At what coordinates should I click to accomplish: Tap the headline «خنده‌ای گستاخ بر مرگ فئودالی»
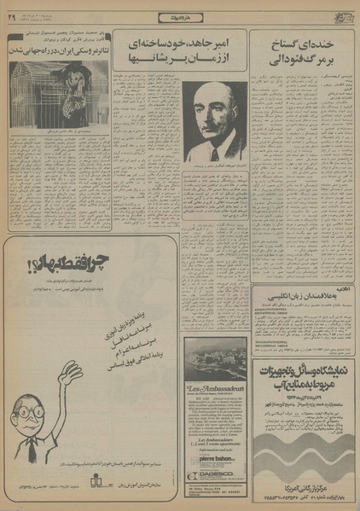303,55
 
